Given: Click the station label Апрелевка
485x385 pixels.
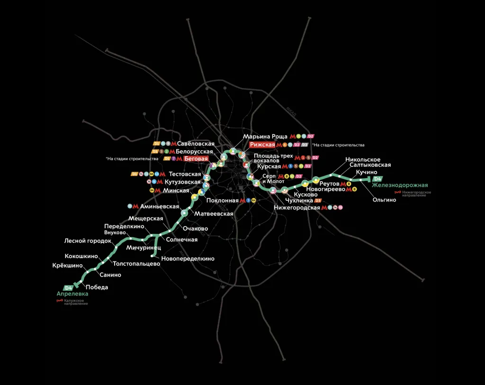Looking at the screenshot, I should [72, 294].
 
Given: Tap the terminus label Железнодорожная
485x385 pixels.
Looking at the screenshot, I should [400, 185].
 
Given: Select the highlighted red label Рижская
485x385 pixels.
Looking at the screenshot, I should [262, 144].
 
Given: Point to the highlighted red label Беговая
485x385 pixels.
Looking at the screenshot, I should [196, 159].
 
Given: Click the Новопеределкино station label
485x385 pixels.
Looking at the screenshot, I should [188, 259].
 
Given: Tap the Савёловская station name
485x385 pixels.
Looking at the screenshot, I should [196, 143].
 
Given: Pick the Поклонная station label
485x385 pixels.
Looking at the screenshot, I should [222, 201].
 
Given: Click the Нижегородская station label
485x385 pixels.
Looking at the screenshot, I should [297, 208].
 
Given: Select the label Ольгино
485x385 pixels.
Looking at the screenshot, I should [384, 200].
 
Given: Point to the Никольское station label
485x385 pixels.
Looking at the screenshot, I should [363, 160].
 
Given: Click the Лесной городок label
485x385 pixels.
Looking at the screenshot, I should [88, 241].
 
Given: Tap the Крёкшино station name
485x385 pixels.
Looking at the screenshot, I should [68, 266].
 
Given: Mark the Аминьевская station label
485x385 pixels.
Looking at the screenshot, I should [160, 206].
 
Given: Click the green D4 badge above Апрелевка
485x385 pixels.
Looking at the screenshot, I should [69, 287].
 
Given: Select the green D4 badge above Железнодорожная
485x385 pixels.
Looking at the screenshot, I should [377, 179].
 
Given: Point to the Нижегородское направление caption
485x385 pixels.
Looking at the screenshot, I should [417, 194].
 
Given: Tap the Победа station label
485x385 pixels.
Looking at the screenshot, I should [97, 287].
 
